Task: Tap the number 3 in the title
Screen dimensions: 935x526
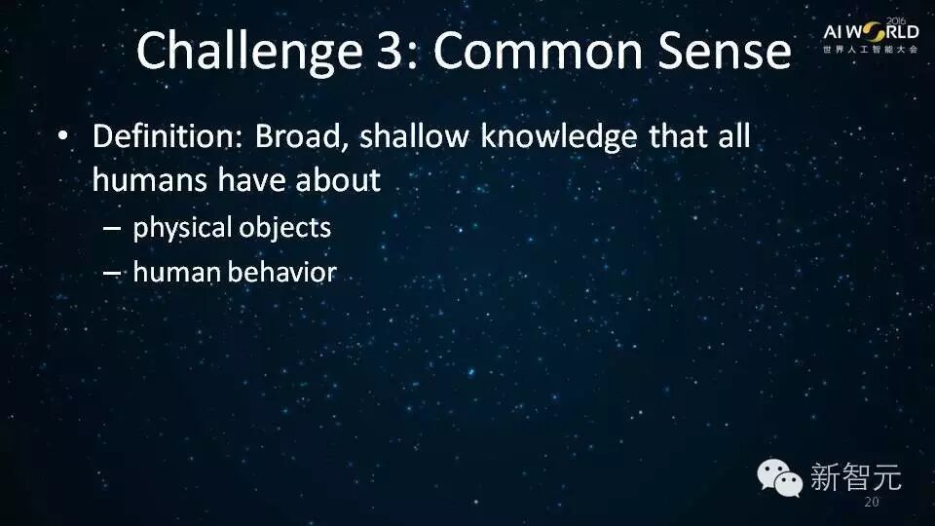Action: click(x=390, y=50)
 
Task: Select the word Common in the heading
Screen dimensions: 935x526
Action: click(x=539, y=50)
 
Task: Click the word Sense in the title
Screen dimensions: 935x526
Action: click(x=725, y=50)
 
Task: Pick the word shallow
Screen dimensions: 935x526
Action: click(x=415, y=136)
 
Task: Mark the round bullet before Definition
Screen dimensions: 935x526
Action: click(x=62, y=136)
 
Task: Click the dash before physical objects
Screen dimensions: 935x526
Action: click(x=112, y=228)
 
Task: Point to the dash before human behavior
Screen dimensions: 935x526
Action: click(x=112, y=273)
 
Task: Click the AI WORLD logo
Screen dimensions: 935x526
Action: click(x=871, y=36)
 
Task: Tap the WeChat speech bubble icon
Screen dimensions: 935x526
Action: click(x=780, y=477)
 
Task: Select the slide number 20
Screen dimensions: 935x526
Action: click(x=871, y=503)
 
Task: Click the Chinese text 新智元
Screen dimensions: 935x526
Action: click(x=855, y=477)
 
